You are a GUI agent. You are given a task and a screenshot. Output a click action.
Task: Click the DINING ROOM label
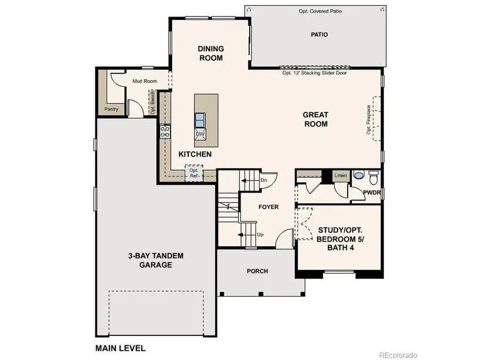pos(210,53)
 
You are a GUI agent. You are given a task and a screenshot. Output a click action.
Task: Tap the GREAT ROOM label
pos(315,119)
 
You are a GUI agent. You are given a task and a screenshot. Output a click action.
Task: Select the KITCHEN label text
pos(195,154)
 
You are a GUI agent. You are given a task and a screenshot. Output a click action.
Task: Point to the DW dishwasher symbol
pos(201,134)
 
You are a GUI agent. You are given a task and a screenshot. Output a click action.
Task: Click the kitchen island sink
pos(201,118)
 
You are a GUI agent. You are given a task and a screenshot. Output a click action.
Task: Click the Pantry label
pos(111,109)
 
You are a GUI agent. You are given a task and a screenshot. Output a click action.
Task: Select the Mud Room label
pos(145,81)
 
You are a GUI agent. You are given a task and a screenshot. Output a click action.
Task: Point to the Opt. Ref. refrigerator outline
pos(194,173)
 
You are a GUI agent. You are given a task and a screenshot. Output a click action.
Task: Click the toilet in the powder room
pos(373,175)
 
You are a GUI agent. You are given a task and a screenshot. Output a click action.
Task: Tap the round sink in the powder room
pos(359,175)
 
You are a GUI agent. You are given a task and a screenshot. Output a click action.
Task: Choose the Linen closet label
pos(340,175)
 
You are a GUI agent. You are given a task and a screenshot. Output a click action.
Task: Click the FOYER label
pos(268,207)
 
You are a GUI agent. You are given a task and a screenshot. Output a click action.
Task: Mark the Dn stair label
pos(263,180)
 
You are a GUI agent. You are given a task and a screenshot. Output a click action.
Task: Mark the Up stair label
pos(260,234)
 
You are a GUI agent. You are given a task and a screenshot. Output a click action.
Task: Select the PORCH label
pos(257,271)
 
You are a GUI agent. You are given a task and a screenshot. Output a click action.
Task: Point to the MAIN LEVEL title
pos(120,348)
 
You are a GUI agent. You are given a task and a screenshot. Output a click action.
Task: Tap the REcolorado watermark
pos(398,355)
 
